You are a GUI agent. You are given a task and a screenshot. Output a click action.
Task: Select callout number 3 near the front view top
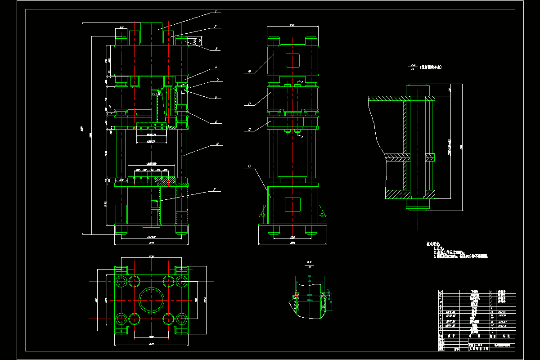216,49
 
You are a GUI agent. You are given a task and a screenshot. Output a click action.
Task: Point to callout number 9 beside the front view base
215,190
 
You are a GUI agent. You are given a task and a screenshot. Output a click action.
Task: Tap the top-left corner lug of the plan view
120,270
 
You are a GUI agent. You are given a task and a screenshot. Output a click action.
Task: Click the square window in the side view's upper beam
292,60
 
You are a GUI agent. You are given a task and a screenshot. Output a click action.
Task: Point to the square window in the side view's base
292,204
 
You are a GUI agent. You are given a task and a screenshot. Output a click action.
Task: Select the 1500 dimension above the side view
292,25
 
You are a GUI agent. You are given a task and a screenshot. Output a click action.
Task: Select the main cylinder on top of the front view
152,32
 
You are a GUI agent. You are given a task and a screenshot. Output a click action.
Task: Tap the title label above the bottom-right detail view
309,264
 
